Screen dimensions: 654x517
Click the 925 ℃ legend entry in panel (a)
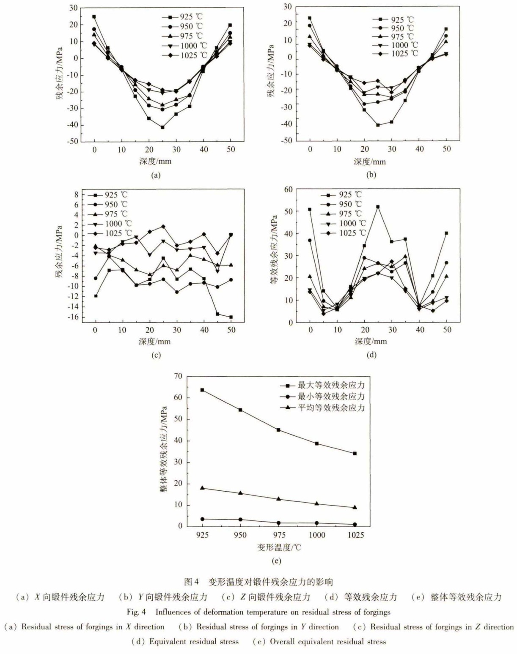(x=182, y=16)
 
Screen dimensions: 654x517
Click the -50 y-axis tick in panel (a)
(x=72, y=141)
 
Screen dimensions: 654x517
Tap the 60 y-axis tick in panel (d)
(x=300, y=189)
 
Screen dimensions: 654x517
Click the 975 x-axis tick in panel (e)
(x=278, y=535)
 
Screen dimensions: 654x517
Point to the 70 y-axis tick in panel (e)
(x=178, y=376)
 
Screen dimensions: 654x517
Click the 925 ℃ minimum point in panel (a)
(x=162, y=127)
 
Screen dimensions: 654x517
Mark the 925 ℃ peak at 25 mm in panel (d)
(x=378, y=207)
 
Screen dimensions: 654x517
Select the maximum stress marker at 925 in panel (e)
(x=202, y=390)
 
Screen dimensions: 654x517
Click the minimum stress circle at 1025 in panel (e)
(x=355, y=525)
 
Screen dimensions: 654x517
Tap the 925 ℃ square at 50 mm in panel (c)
(x=231, y=317)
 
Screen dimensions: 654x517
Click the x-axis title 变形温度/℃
(x=279, y=547)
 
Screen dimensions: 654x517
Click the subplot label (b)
(x=371, y=175)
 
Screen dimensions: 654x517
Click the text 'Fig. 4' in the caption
(x=136, y=612)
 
